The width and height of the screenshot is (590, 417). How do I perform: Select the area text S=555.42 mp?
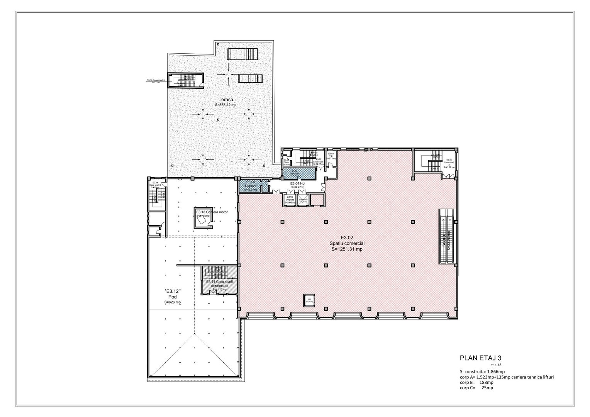pyautogui.click(x=225, y=105)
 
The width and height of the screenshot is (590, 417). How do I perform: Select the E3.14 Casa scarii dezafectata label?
pyautogui.click(x=219, y=284)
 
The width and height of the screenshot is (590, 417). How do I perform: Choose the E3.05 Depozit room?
pyautogui.click(x=290, y=199)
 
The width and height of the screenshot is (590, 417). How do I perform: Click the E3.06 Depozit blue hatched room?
pyautogui.click(x=250, y=186)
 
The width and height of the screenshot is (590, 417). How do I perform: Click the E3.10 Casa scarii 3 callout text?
pyautogui.click(x=156, y=81)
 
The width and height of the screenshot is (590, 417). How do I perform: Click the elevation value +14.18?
pyautogui.click(x=496, y=365)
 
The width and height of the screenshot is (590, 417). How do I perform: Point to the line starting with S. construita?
pyautogui.click(x=477, y=371)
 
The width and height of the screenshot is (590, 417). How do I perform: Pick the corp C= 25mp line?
pyautogui.click(x=474, y=387)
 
